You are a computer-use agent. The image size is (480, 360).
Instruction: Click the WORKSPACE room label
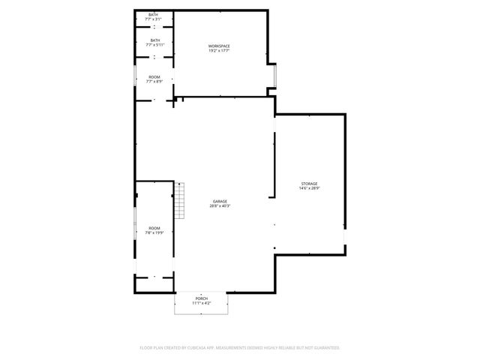[x=219, y=46]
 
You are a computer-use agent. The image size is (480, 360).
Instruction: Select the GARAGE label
[x=220, y=201]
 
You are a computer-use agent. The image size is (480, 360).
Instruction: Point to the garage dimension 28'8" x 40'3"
[x=220, y=206]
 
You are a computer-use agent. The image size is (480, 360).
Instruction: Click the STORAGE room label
[x=310, y=184]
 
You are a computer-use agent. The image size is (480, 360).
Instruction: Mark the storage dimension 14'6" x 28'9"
[x=310, y=189]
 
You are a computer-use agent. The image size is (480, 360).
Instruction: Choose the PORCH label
[x=202, y=298]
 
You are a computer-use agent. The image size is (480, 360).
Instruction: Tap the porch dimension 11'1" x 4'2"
[x=202, y=304]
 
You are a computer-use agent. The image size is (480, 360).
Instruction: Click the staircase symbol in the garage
[x=180, y=200]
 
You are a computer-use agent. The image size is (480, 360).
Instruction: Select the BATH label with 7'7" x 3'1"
[x=154, y=14]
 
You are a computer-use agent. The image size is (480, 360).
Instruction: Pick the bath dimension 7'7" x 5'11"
[x=154, y=45]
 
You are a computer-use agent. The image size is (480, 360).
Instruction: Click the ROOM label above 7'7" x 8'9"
[x=154, y=76]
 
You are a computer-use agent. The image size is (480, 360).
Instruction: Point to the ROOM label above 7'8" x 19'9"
[x=154, y=228]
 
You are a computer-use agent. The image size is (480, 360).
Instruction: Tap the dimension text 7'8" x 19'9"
[x=154, y=233]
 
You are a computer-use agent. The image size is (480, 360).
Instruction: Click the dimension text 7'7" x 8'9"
[x=154, y=81]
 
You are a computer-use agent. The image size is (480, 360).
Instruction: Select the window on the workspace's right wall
[x=276, y=75]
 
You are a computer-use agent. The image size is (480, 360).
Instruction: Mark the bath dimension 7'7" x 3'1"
[x=154, y=19]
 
